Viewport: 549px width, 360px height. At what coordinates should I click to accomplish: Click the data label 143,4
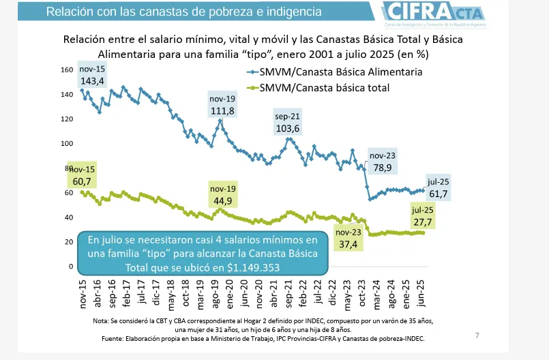tap(92, 81)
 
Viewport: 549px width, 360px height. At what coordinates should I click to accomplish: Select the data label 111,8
tap(222, 111)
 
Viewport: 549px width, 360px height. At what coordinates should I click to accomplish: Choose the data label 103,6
tap(287, 128)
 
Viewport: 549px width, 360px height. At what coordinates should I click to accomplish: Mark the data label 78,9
tap(382, 168)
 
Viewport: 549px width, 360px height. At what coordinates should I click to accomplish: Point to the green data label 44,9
tap(222, 200)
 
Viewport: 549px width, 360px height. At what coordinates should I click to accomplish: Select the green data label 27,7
tap(423, 222)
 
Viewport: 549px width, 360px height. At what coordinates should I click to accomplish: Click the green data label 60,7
tap(81, 181)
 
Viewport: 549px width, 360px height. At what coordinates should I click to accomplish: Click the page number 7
tap(477, 335)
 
